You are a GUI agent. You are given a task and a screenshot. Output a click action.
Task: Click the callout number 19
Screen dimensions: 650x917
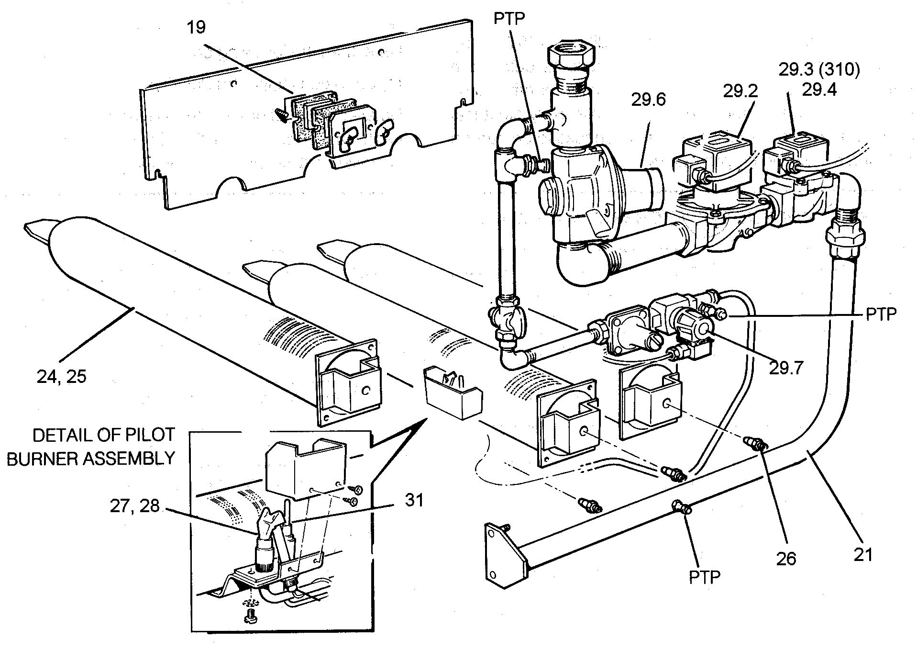197,27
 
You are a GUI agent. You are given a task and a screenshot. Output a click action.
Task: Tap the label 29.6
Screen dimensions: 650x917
649,100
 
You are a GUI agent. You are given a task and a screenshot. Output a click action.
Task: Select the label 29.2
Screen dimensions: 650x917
740,91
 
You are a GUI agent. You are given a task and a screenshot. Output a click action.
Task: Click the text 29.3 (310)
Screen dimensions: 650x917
819,70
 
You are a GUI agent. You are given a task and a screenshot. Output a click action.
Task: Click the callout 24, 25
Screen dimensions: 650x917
61,377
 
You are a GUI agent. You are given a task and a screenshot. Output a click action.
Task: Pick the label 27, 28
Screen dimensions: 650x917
134,506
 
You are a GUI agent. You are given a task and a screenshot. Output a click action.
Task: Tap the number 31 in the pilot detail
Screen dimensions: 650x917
414,500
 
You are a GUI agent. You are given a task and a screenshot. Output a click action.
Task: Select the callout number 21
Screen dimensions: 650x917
863,554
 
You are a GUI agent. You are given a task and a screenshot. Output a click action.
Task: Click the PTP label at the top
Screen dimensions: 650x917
510,19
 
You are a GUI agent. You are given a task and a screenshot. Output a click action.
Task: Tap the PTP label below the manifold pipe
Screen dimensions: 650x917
705,578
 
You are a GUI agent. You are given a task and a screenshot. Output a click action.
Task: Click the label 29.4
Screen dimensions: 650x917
819,90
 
